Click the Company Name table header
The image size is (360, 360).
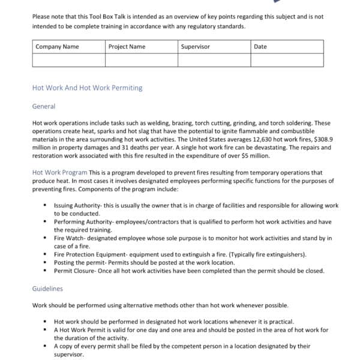57,47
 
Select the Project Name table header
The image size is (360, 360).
127,47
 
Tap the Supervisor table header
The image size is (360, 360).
195,47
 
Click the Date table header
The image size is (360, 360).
260,47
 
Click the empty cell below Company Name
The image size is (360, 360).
68,60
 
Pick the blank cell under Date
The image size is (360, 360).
287,60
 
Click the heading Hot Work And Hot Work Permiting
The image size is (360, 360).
87,88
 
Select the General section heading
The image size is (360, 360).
43,106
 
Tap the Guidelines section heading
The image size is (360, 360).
47,289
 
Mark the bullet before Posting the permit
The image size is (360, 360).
46,262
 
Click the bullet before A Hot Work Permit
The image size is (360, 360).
46,329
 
